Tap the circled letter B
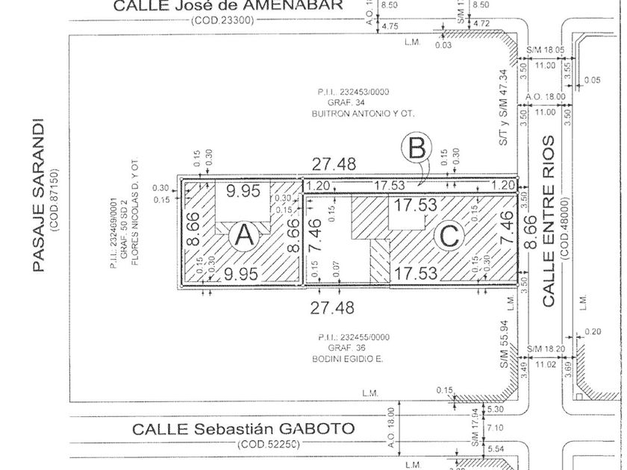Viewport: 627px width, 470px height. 416,148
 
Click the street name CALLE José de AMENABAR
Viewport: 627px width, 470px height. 228,6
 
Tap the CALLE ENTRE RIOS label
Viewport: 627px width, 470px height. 549,221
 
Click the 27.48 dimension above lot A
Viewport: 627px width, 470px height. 334,163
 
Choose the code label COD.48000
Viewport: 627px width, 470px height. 565,228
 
